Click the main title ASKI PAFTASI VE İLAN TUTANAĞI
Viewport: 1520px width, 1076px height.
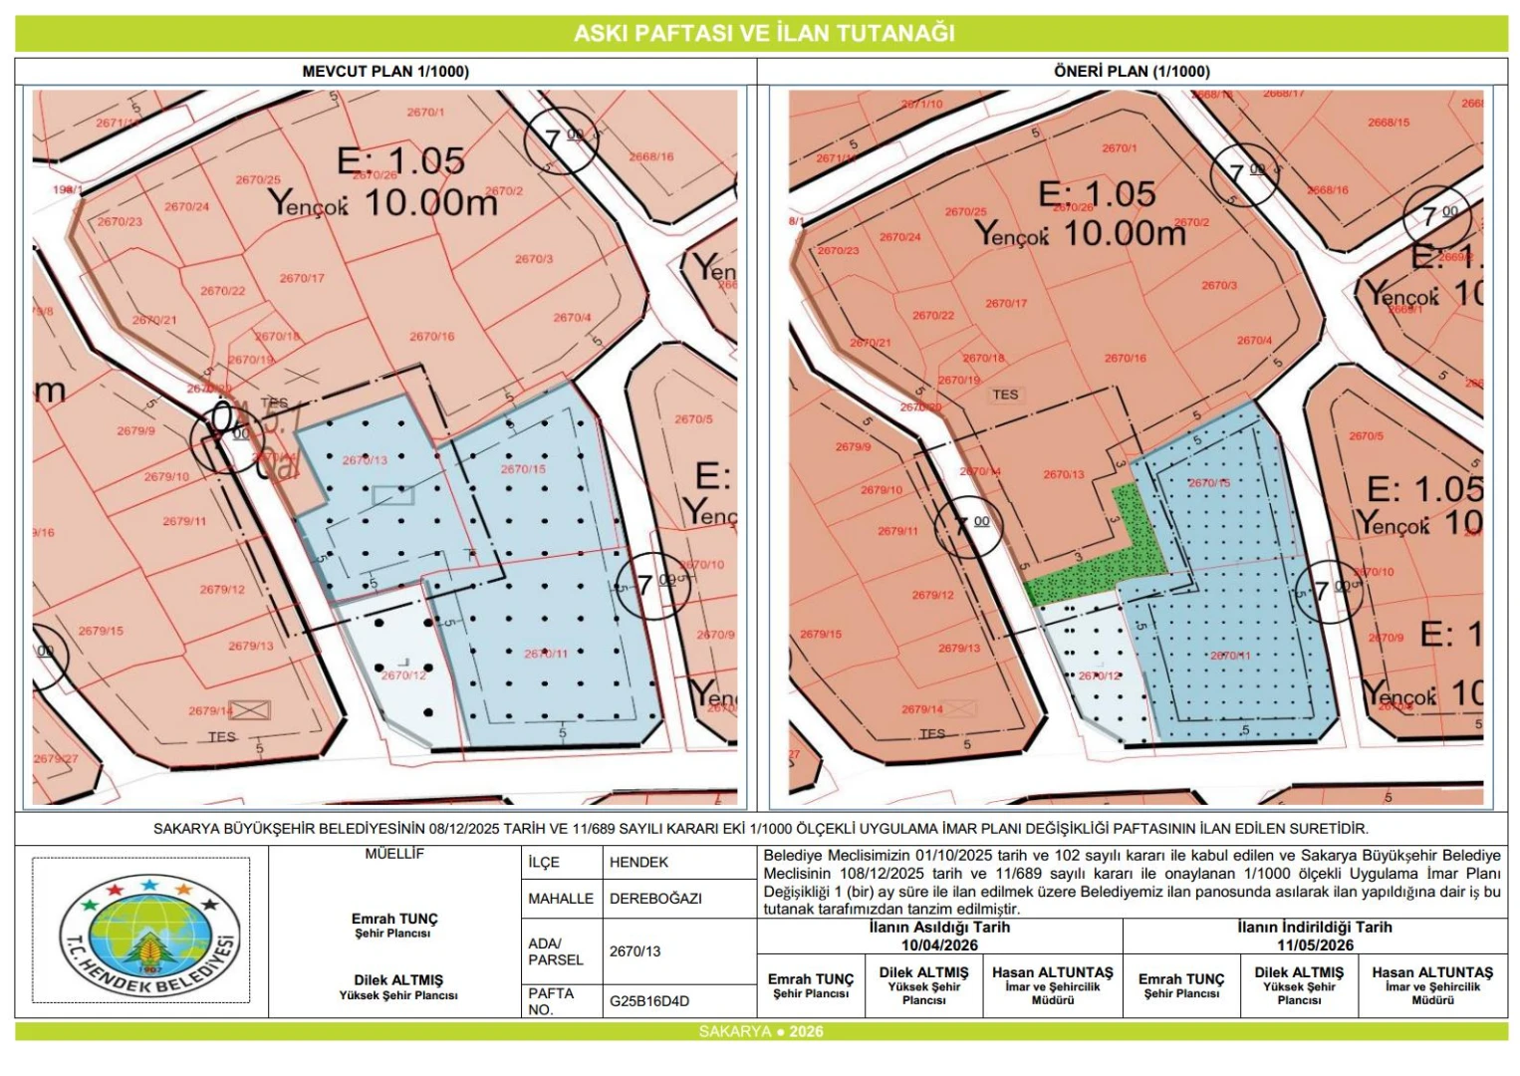click(763, 33)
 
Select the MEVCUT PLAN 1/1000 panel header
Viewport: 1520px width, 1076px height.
click(385, 72)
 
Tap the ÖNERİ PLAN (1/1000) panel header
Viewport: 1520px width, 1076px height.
click(1132, 72)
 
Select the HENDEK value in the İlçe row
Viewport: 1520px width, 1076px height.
click(638, 863)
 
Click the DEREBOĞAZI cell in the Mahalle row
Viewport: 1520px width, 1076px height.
click(655, 899)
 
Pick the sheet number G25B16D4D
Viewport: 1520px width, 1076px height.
click(648, 1001)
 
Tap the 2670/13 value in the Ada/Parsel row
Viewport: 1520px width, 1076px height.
click(634, 951)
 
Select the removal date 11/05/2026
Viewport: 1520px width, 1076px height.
click(1315, 944)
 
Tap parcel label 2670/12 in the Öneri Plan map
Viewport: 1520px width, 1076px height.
click(1099, 675)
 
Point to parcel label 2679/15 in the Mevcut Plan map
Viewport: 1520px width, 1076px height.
click(100, 631)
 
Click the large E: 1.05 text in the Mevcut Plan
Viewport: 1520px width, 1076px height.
click(400, 160)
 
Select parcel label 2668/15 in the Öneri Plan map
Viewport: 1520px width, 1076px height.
click(1388, 123)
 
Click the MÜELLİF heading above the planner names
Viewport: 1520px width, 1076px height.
click(394, 854)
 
